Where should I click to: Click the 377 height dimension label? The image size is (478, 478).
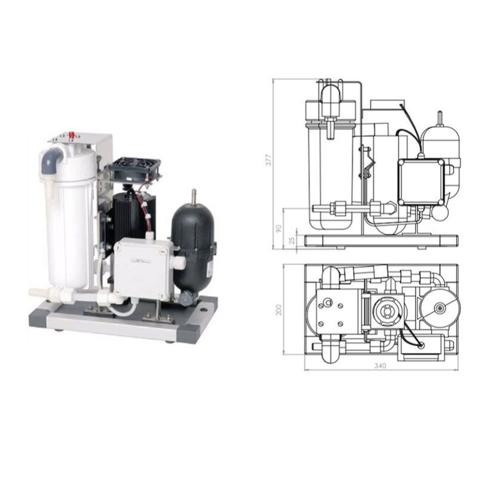tap(268, 160)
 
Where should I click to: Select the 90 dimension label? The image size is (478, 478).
tap(278, 229)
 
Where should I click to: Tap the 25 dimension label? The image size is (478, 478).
tap(292, 240)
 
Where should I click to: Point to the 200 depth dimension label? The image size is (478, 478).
tap(278, 310)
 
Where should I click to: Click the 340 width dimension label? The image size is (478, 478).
tap(380, 366)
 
